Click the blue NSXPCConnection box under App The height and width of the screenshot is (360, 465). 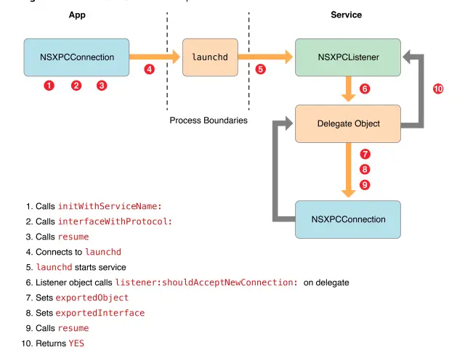click(x=76, y=57)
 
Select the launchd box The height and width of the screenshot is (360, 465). click(x=210, y=57)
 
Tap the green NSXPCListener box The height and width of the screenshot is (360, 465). click(x=348, y=57)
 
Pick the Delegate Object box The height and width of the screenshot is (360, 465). click(x=348, y=123)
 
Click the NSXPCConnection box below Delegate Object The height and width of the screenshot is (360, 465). click(x=348, y=219)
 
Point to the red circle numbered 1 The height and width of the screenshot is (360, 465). click(x=49, y=86)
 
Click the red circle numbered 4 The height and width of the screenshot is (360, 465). click(x=149, y=70)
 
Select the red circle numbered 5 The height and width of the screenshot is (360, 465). click(x=260, y=70)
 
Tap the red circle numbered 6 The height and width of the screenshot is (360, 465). click(x=365, y=89)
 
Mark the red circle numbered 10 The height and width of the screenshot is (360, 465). click(x=438, y=89)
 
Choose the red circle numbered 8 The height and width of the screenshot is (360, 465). click(x=365, y=170)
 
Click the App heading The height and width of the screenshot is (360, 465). click(x=77, y=15)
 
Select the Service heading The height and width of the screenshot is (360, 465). click(x=346, y=15)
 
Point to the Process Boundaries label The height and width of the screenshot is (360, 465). click(x=209, y=120)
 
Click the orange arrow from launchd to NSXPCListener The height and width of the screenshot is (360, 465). click(x=265, y=57)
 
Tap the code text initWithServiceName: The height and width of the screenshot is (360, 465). click(x=110, y=206)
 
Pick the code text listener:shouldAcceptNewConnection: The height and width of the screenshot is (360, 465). click(x=206, y=282)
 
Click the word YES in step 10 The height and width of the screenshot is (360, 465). click(x=76, y=343)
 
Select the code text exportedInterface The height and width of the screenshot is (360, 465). click(x=100, y=313)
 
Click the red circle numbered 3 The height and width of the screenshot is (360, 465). click(x=102, y=86)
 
